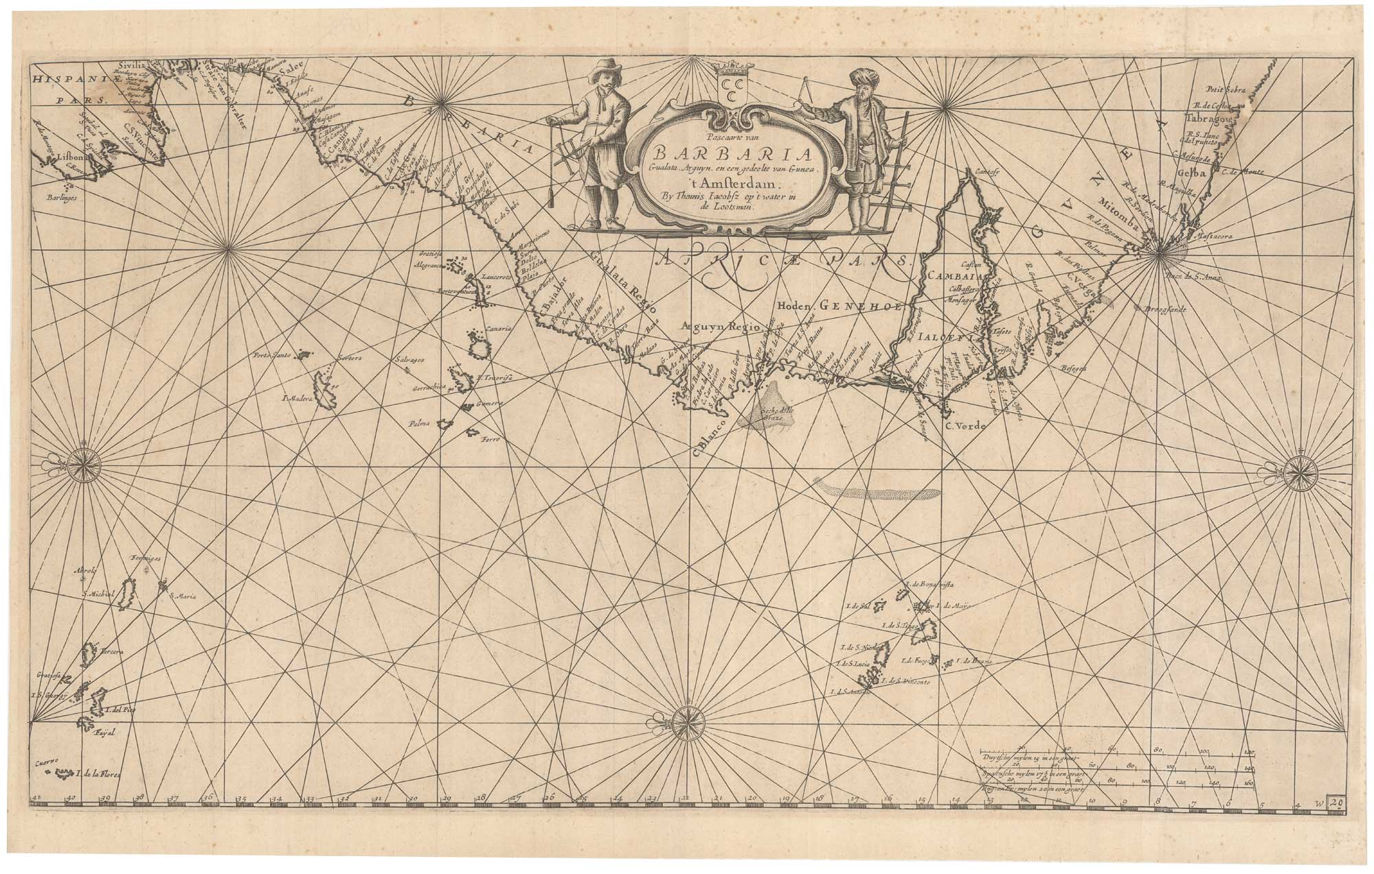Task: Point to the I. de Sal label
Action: pyautogui.click(x=859, y=607)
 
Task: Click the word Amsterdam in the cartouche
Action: pyautogui.click(x=737, y=184)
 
